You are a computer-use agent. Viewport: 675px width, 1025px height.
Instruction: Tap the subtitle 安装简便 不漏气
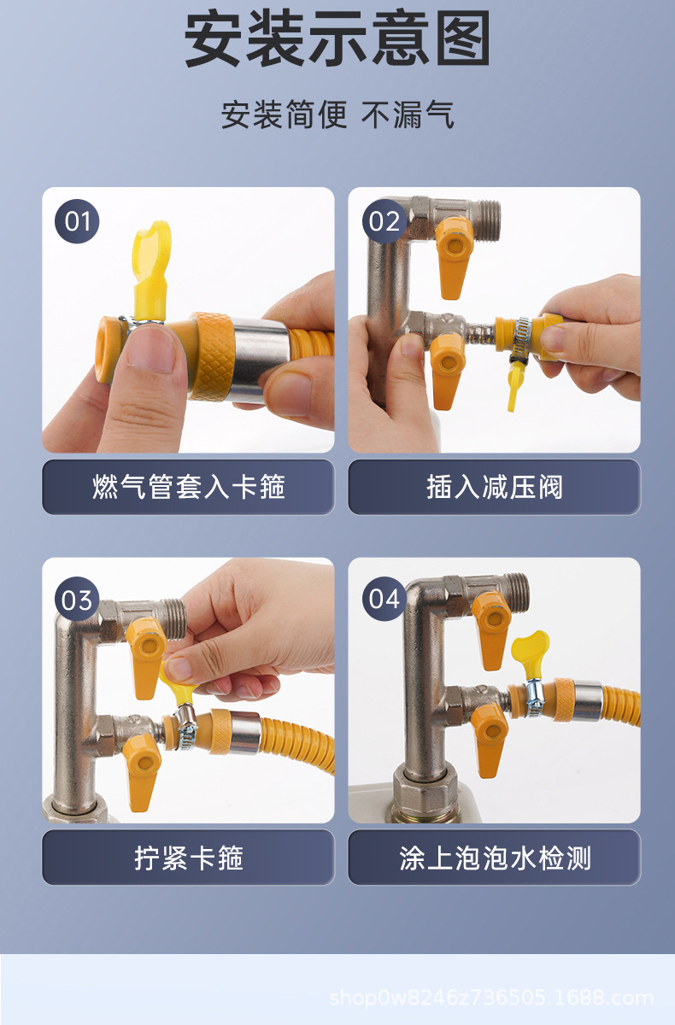tap(337, 114)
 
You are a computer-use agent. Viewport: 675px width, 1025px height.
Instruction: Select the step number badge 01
tap(77, 221)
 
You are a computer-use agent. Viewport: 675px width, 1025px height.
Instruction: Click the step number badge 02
tap(384, 221)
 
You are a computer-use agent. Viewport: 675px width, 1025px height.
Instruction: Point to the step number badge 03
tap(77, 599)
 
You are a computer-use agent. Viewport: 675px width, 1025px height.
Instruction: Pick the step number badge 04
tap(384, 599)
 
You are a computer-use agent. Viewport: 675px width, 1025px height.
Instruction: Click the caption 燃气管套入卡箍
tap(189, 486)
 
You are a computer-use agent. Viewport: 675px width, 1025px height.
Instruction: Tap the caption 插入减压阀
tap(494, 486)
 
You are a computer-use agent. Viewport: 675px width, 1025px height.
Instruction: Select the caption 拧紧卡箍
tap(189, 858)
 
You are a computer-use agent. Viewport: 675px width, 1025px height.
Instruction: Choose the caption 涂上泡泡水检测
tap(495, 858)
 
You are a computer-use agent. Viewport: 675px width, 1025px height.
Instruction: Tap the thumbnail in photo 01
tap(151, 347)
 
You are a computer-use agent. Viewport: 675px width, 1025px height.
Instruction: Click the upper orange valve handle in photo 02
tap(454, 256)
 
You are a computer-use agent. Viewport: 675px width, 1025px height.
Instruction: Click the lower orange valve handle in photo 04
tap(490, 738)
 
